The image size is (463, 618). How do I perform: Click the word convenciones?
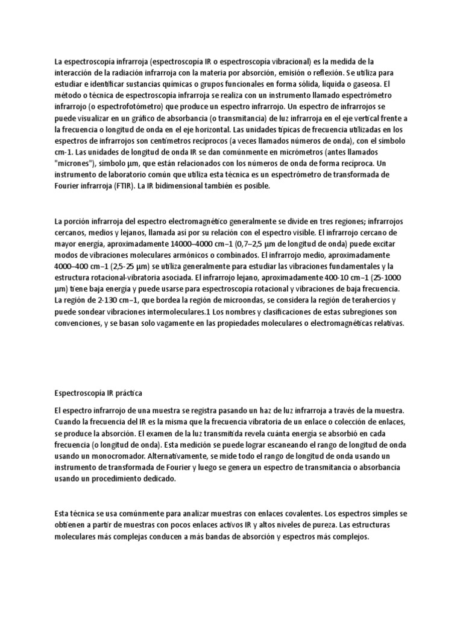pos(77,323)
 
